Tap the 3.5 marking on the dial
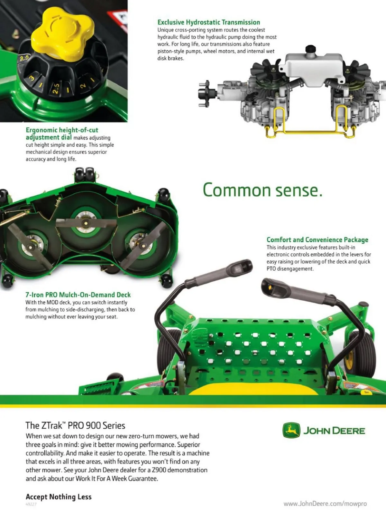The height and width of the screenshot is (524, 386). pyautogui.click(x=24, y=58)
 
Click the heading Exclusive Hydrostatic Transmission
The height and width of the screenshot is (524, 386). pyautogui.click(x=209, y=23)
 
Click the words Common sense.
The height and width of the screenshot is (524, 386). pyautogui.click(x=262, y=190)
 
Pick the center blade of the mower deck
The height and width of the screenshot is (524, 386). pyautogui.click(x=86, y=223)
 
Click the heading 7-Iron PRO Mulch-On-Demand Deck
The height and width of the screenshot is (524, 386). pyautogui.click(x=78, y=295)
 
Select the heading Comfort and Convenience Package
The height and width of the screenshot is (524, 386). pyautogui.click(x=317, y=240)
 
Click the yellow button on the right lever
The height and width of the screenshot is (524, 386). pyautogui.click(x=270, y=287)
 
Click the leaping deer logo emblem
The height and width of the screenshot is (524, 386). pyautogui.click(x=291, y=430)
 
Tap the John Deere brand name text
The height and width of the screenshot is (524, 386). pyautogui.click(x=334, y=431)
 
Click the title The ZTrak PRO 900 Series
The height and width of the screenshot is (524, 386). pyautogui.click(x=76, y=425)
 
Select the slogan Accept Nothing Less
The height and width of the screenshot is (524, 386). pyautogui.click(x=59, y=497)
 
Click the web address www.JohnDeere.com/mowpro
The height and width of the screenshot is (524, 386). pyautogui.click(x=325, y=503)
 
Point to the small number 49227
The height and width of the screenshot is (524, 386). pyautogui.click(x=31, y=504)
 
